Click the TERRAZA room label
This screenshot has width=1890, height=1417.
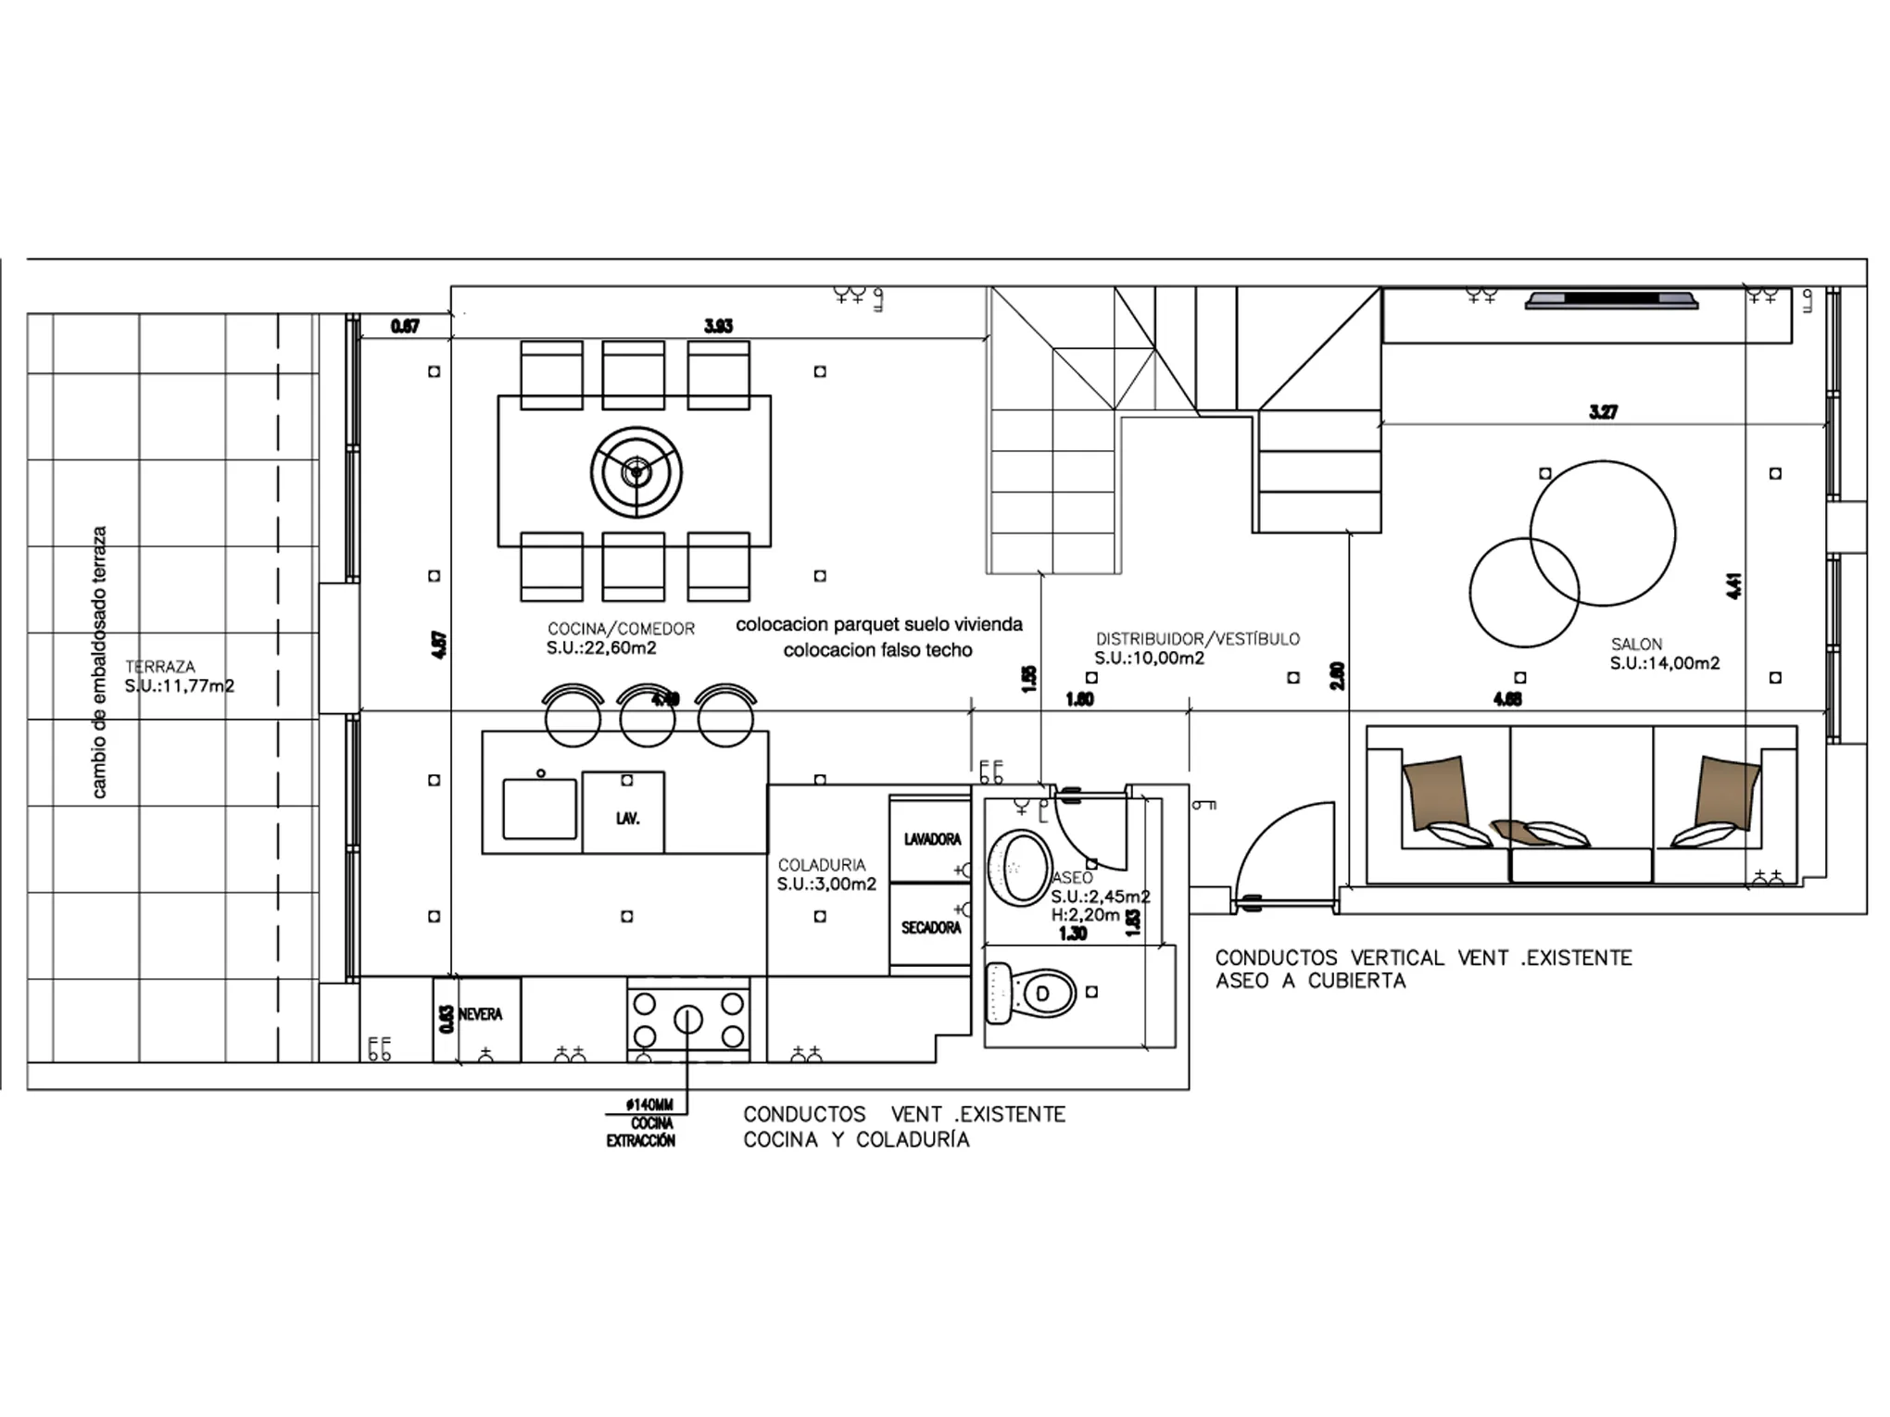tap(160, 667)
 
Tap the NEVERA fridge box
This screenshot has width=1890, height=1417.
tap(477, 1019)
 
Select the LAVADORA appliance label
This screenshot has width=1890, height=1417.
tap(932, 839)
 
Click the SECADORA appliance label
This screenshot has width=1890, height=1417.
tap(931, 927)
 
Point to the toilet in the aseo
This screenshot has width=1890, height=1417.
tap(1032, 994)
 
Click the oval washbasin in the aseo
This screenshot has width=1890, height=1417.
tap(1018, 867)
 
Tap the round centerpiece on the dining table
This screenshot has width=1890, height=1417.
tap(636, 472)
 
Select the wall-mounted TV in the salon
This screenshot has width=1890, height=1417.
tap(1611, 299)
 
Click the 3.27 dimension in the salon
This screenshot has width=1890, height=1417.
tap(1603, 412)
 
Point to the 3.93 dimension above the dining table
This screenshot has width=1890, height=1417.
tap(718, 326)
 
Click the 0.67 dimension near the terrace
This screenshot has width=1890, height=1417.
tap(405, 326)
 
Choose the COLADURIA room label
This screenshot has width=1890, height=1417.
tap(821, 865)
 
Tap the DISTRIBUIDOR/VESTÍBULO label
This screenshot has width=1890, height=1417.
tap(1197, 639)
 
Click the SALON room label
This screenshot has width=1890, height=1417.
tap(1636, 644)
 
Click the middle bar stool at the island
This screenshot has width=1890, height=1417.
tap(647, 717)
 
